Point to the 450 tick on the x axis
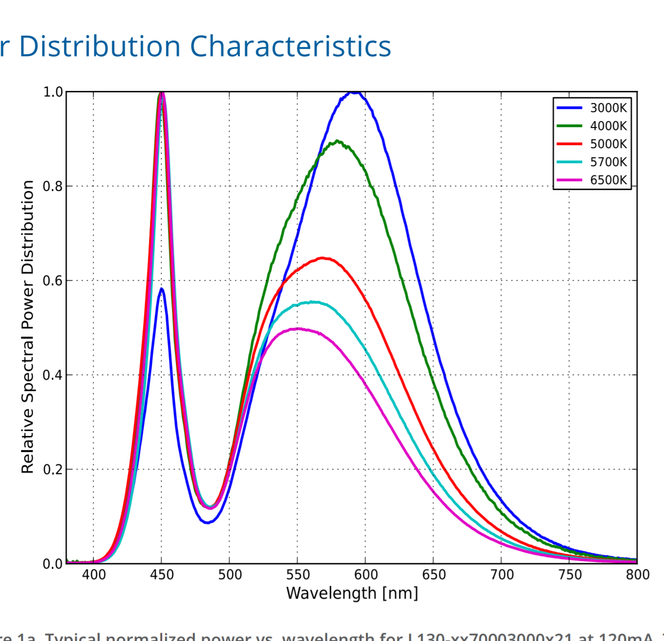click(162, 575)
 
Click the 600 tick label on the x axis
click(366, 575)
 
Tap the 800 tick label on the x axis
click(638, 575)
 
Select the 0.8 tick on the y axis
click(53, 187)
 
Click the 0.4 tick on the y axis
click(53, 375)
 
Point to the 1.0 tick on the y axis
click(53, 92)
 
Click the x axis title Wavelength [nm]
click(352, 593)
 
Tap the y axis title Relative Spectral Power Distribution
click(28, 327)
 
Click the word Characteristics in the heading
click(290, 46)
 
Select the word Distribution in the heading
click(100, 46)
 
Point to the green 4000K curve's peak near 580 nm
click(337, 142)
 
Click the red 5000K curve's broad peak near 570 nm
click(322, 258)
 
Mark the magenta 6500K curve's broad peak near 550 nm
click(298, 329)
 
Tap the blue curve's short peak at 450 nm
click(162, 289)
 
